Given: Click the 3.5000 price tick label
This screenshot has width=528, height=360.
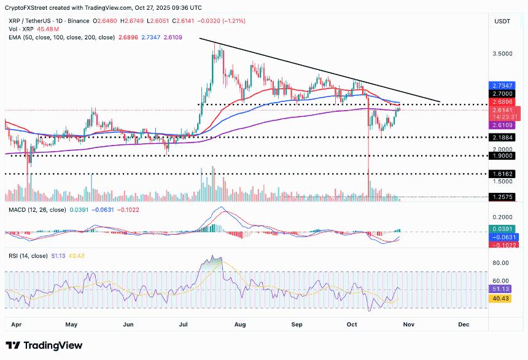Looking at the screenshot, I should click(x=502, y=54).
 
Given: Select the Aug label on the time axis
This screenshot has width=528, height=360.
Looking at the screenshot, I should click(x=240, y=323).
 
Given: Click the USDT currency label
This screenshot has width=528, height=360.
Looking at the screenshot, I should click(x=502, y=21).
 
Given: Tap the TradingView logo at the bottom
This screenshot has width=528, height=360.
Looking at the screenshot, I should click(x=44, y=346).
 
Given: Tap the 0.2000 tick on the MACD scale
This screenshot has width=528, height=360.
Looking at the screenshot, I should click(x=502, y=217).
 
